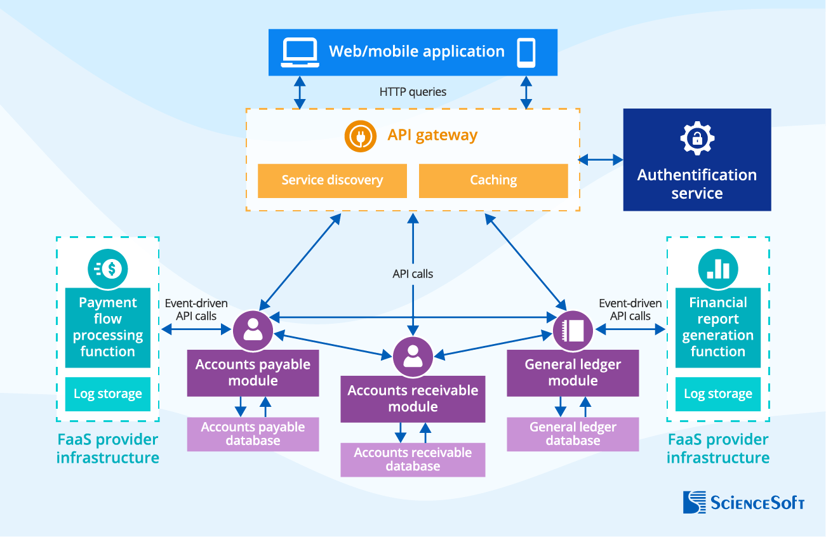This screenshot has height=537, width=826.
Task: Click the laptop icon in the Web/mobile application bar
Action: pyautogui.click(x=300, y=52)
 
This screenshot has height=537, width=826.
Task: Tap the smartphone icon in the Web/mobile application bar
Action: pyautogui.click(x=526, y=52)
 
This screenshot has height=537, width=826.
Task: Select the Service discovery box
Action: pyautogui.click(x=332, y=180)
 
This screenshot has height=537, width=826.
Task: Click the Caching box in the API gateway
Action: pyautogui.click(x=493, y=180)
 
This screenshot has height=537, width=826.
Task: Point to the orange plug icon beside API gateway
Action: pyautogui.click(x=361, y=136)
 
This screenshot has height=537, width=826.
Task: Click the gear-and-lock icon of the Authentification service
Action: pyautogui.click(x=697, y=138)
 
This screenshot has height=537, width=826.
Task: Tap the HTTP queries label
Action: pyautogui.click(x=413, y=92)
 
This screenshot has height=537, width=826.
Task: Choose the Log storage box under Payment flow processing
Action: pyautogui.click(x=108, y=394)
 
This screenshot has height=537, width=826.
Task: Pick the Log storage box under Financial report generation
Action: pyautogui.click(x=718, y=394)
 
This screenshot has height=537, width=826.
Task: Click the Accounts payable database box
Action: pyautogui.click(x=253, y=434)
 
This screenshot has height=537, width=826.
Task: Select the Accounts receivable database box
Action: pyautogui.click(x=413, y=460)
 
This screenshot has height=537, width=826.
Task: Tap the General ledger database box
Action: pyautogui.click(x=573, y=434)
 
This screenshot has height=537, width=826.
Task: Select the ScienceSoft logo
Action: pyautogui.click(x=743, y=502)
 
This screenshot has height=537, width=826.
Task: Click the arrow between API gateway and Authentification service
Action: pyautogui.click(x=601, y=160)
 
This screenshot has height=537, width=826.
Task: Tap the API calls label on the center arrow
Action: pyautogui.click(x=413, y=274)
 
